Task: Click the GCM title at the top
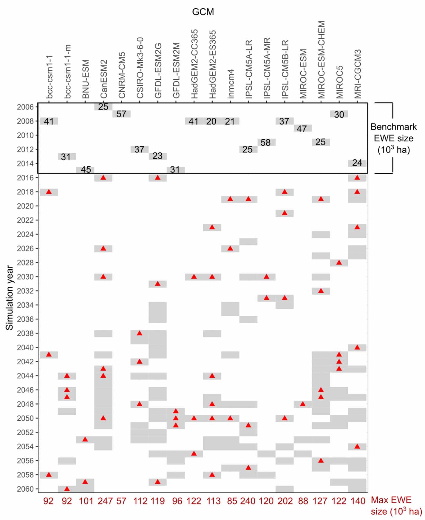[203, 12]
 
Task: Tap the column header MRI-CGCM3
[358, 74]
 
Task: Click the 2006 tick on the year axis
[25, 107]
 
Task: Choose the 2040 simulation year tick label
[25, 348]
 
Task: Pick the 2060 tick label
[25, 489]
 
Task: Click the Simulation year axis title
[10, 298]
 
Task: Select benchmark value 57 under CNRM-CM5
[121, 114]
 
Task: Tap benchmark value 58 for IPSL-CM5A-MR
[265, 143]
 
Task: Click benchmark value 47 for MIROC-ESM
[302, 129]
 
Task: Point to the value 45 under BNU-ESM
[86, 170]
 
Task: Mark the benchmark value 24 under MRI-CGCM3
[357, 163]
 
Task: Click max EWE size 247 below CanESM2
[105, 501]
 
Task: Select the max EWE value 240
[248, 501]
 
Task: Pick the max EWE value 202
[285, 501]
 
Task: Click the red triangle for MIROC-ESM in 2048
[303, 404]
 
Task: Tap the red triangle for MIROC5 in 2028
[339, 263]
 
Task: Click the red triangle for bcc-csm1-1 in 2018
[49, 192]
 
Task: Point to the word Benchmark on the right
[393, 127]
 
